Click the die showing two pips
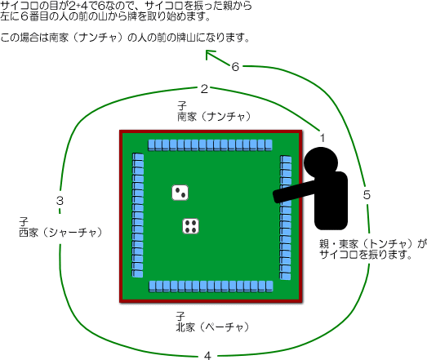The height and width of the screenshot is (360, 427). pyautogui.click(x=180, y=193)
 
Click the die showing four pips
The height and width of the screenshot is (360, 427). pyautogui.click(x=190, y=226)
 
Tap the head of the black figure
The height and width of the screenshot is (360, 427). pyautogui.click(x=321, y=162)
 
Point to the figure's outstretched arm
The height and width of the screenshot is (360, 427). pyautogui.click(x=295, y=192)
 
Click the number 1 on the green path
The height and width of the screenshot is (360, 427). pyautogui.click(x=322, y=138)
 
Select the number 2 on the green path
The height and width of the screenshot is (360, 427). pyautogui.click(x=204, y=89)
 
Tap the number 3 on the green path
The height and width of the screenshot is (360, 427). pyautogui.click(x=60, y=201)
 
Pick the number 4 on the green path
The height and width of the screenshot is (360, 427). pyautogui.click(x=207, y=356)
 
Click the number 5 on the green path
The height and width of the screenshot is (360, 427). pyautogui.click(x=367, y=195)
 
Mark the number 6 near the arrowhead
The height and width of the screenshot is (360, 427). pyautogui.click(x=235, y=67)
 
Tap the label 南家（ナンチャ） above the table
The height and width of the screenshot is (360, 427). pyautogui.click(x=214, y=117)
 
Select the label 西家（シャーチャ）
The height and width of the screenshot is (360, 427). pyautogui.click(x=60, y=233)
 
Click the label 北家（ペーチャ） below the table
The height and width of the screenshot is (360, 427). pyautogui.click(x=212, y=327)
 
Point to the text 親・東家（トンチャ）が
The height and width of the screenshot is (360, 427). pyautogui.click(x=372, y=244)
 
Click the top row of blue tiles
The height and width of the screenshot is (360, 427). pyautogui.click(x=210, y=145)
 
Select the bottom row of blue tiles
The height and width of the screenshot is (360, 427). pyautogui.click(x=211, y=287)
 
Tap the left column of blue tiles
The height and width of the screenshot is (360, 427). pyautogui.click(x=138, y=216)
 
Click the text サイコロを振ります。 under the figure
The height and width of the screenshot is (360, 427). pyautogui.click(x=365, y=255)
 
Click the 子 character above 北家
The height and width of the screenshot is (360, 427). pyautogui.click(x=180, y=317)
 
